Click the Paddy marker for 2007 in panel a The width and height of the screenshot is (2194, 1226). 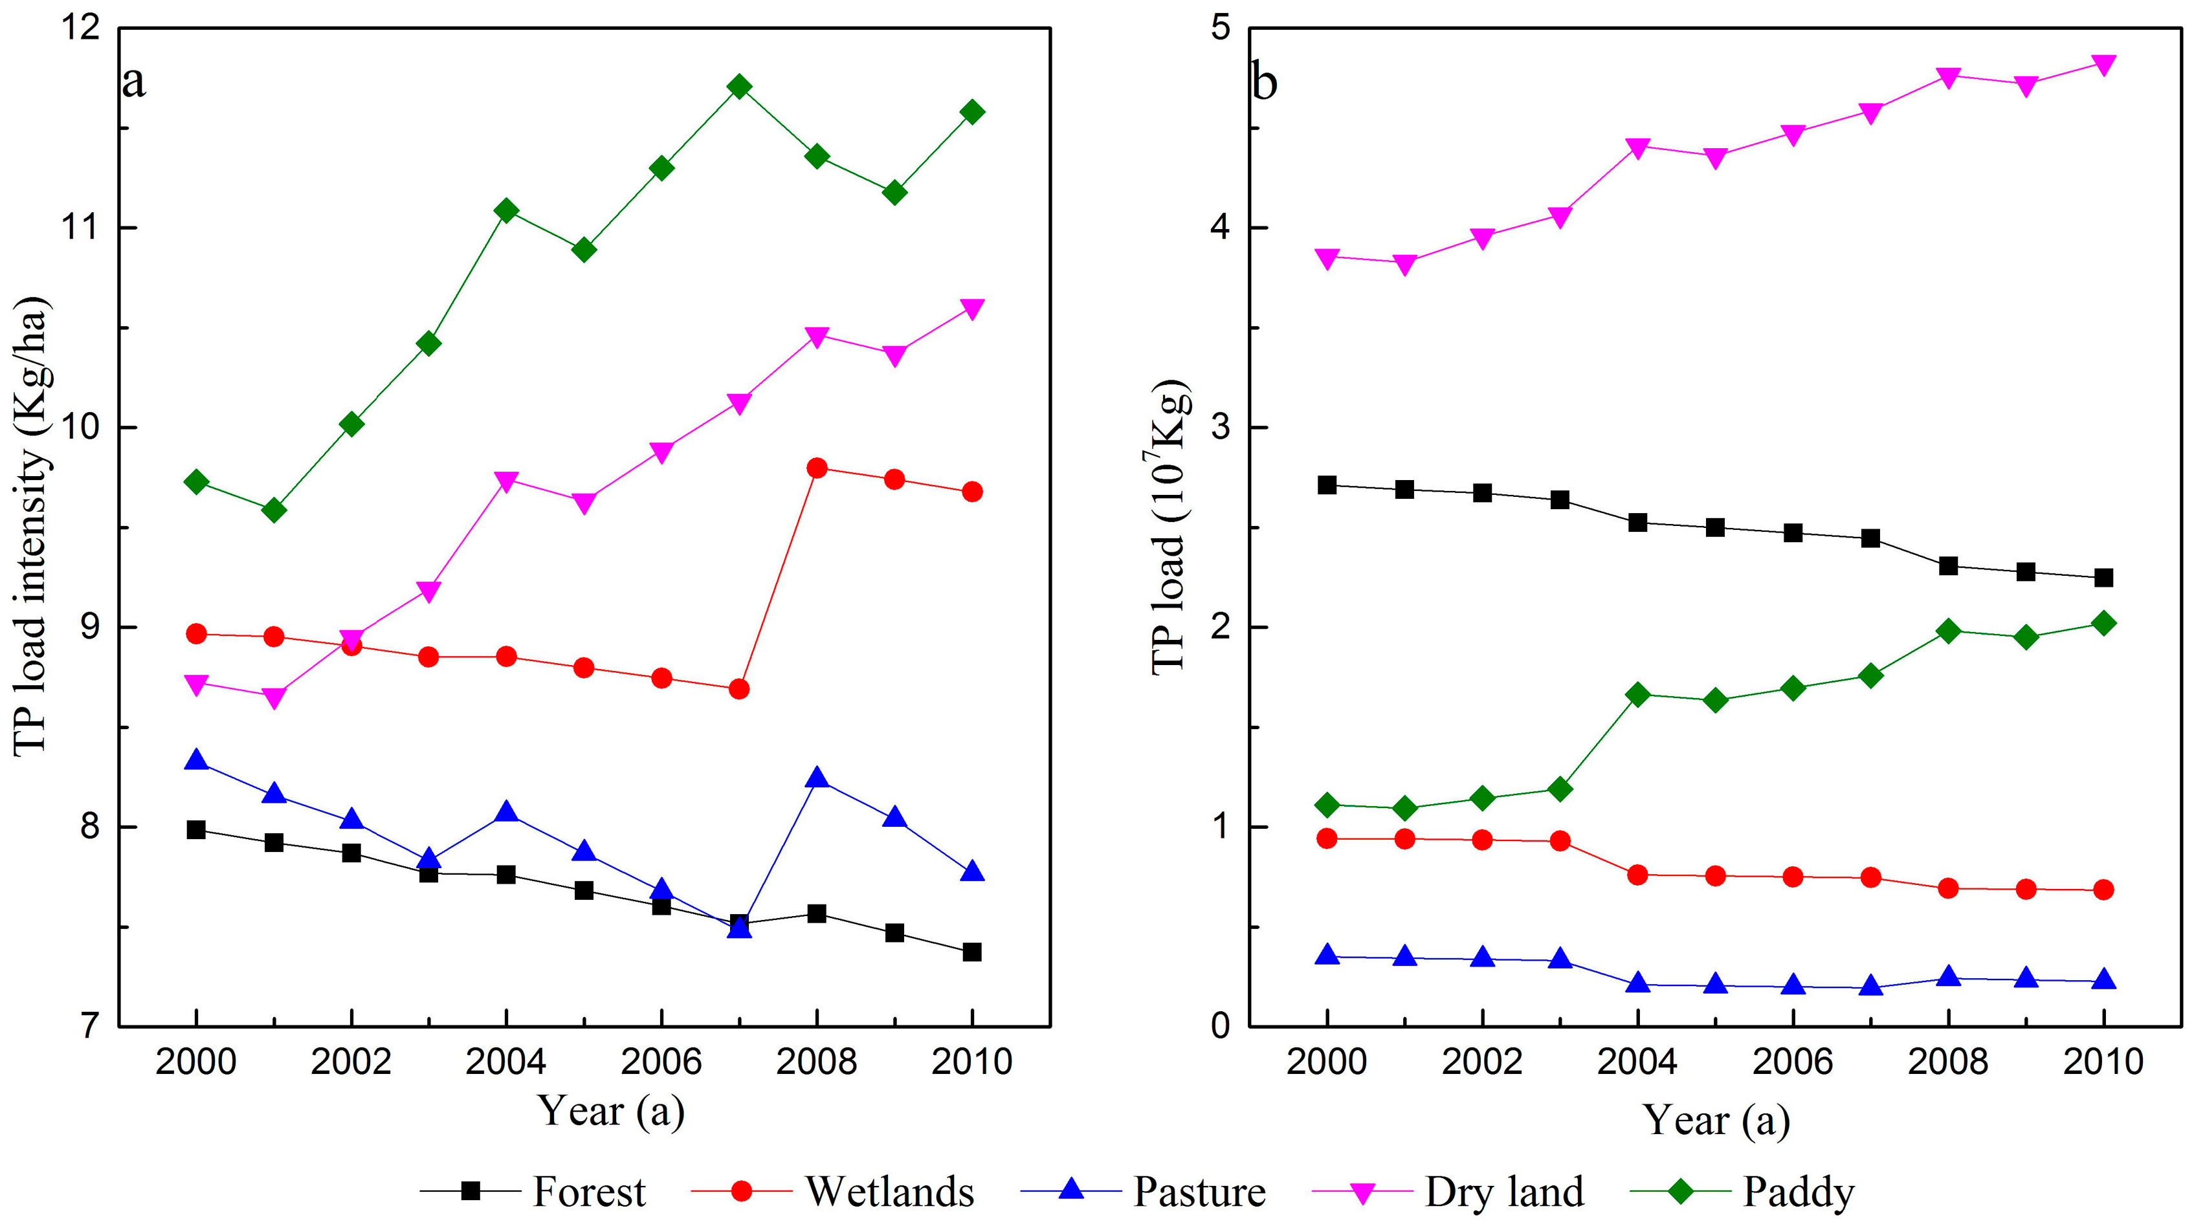pyautogui.click(x=739, y=87)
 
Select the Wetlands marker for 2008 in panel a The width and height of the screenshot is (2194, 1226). pyautogui.click(x=817, y=468)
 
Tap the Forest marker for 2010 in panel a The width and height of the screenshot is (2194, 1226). pyautogui.click(x=972, y=952)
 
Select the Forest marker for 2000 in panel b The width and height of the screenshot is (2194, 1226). pyautogui.click(x=1327, y=485)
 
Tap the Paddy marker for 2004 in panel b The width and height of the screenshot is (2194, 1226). pyautogui.click(x=1637, y=695)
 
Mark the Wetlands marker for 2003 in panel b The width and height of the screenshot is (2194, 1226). pyautogui.click(x=1560, y=841)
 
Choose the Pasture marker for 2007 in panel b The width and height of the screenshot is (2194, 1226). pyautogui.click(x=1870, y=987)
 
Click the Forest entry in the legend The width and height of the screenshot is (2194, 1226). pyautogui.click(x=588, y=1192)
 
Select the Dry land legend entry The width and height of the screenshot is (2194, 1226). pyautogui.click(x=1504, y=1192)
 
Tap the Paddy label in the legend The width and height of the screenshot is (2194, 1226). pyautogui.click(x=1798, y=1192)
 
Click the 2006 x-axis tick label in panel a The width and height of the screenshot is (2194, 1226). pyautogui.click(x=662, y=1062)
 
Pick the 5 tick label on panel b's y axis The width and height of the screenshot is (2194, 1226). pyautogui.click(x=1221, y=28)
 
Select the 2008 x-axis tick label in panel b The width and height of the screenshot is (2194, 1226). pyautogui.click(x=1948, y=1062)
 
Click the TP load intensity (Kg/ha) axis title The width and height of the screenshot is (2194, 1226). pyautogui.click(x=32, y=526)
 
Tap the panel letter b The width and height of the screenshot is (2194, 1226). pyautogui.click(x=1264, y=83)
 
